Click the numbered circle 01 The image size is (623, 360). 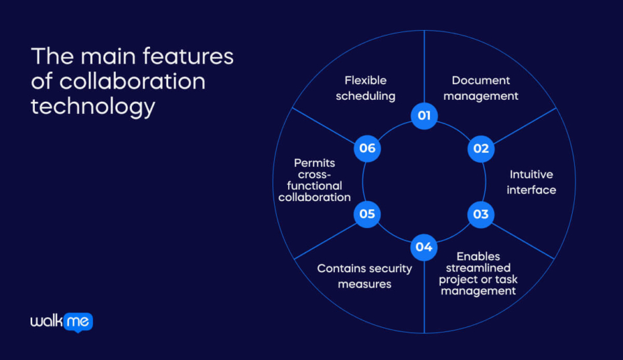(424, 115)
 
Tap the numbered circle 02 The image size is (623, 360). (481, 148)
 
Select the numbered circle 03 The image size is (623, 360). (481, 215)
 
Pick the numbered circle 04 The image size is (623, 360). (424, 247)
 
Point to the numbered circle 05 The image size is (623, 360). (367, 215)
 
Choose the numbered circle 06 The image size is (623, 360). (367, 148)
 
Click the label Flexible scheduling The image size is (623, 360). (366, 88)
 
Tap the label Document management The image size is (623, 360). (481, 88)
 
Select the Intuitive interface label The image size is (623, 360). (531, 182)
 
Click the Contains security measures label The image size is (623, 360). (364, 276)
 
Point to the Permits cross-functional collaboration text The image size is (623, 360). (314, 180)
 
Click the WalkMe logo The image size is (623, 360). (61, 322)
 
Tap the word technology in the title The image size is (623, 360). (93, 106)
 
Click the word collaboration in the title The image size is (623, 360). (132, 81)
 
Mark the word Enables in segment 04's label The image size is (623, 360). (478, 257)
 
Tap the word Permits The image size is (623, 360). (314, 163)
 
